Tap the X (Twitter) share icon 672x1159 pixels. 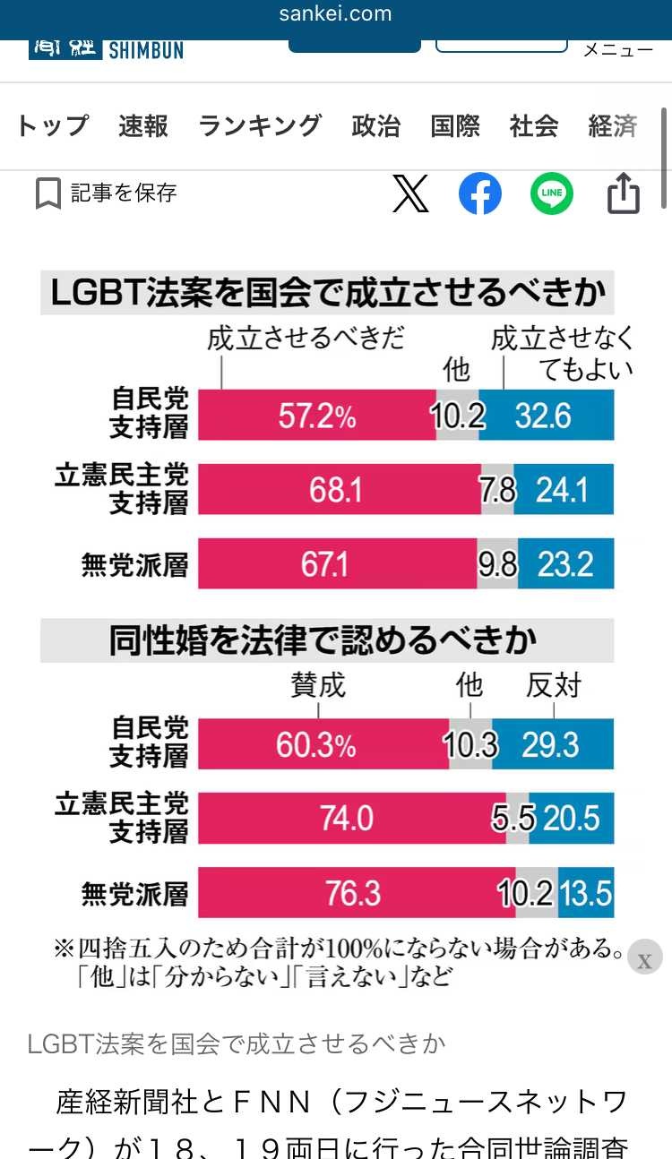(x=410, y=193)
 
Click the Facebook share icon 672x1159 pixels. (x=480, y=193)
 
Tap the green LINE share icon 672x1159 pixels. (x=551, y=193)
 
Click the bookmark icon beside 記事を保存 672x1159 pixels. (x=48, y=193)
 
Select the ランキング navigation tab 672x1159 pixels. (x=260, y=126)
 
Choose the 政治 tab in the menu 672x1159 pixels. (x=376, y=126)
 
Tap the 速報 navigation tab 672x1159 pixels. (x=143, y=126)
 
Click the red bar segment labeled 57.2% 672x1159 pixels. (x=316, y=416)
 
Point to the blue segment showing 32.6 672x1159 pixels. (x=546, y=416)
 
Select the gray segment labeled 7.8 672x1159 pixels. (x=497, y=490)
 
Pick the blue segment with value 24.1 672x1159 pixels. (x=563, y=490)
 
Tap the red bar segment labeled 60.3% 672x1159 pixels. (x=323, y=744)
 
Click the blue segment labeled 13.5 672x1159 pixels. (x=586, y=893)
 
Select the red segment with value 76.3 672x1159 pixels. (x=356, y=893)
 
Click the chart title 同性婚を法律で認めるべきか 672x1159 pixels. (x=323, y=640)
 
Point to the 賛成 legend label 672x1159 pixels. (x=318, y=686)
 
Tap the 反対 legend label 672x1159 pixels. (x=553, y=686)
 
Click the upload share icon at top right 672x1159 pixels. (x=624, y=193)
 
